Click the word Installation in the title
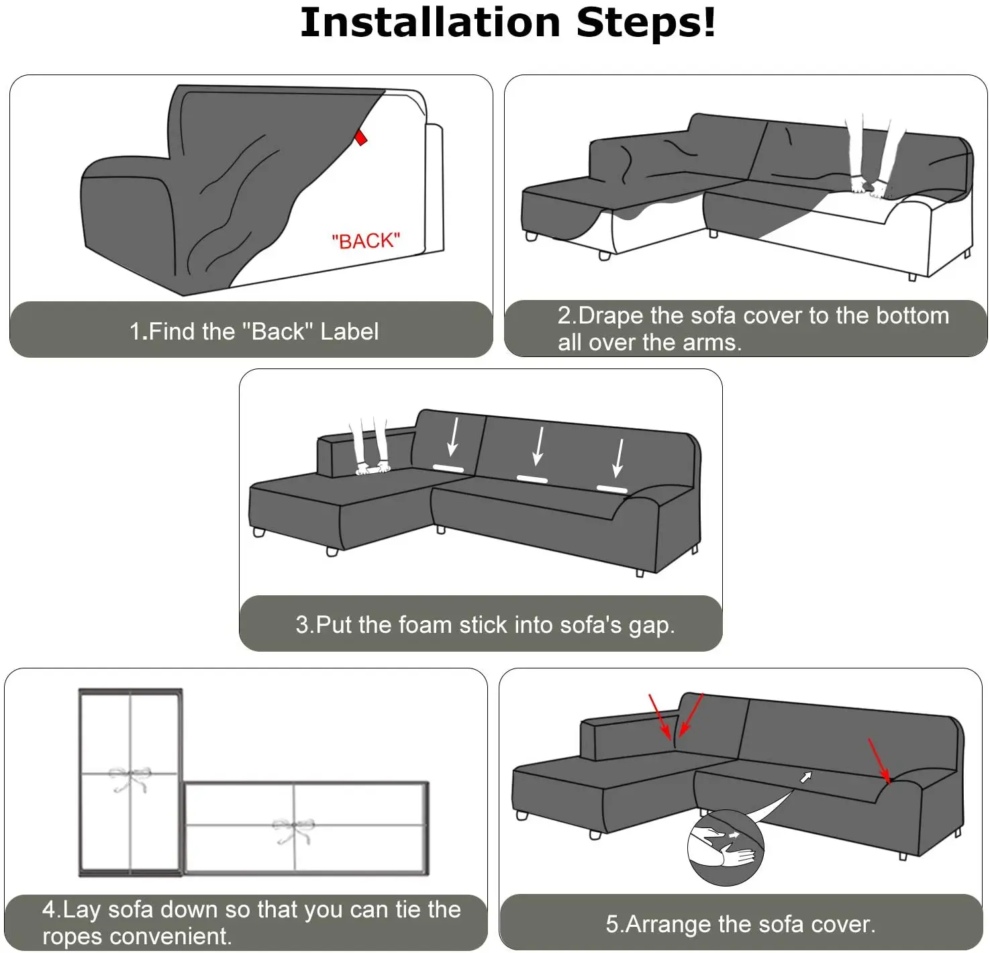pos(430,23)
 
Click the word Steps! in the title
pos(646,23)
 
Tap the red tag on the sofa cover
pos(360,138)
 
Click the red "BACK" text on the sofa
pos(366,241)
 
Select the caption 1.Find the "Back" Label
pos(254,332)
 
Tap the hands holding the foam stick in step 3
pos(373,467)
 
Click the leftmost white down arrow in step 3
pos(452,436)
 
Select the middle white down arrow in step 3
pos(538,446)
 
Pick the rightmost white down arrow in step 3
pos(618,458)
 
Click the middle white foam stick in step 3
pos(532,479)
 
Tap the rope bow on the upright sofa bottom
pos(130,779)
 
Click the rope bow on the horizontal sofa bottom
pos(293,830)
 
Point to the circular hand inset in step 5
pos(726,848)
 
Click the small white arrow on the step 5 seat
pos(806,776)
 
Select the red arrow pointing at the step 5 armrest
pos(879,760)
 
